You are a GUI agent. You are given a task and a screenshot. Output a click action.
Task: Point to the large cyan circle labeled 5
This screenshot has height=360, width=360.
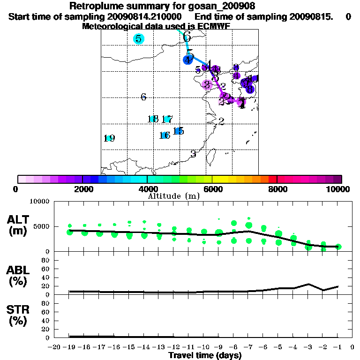pyautogui.click(x=139, y=38)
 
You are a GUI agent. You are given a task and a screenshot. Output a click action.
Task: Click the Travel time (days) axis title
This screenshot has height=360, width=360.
pyautogui.click(x=205, y=355)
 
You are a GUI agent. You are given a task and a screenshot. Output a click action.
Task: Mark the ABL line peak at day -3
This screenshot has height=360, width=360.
pyautogui.click(x=308, y=284)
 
